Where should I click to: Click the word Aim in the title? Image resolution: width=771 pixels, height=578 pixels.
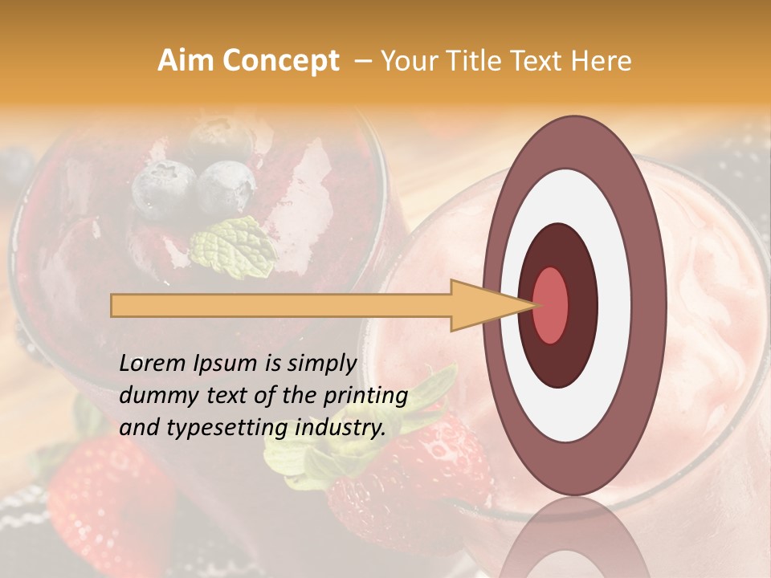coord(186,61)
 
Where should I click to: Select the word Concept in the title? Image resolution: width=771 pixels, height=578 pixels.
coord(280,62)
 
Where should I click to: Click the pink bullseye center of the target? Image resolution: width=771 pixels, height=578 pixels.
coord(551,305)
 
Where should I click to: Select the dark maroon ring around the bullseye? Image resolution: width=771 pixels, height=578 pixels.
coord(578,305)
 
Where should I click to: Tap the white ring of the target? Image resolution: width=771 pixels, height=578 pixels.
coord(614,305)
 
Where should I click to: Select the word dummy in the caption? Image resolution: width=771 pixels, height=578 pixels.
coord(155,396)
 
